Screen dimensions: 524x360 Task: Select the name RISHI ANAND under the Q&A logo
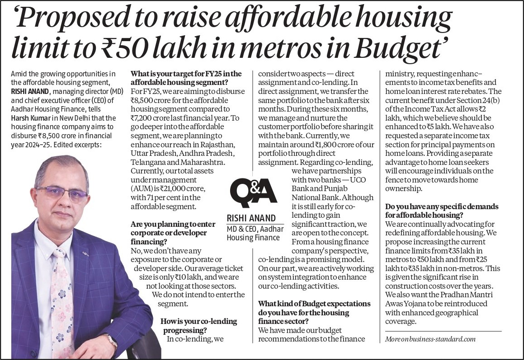tap(251, 218)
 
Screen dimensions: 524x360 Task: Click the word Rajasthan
tap(218, 145)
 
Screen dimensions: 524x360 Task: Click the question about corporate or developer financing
tap(173, 233)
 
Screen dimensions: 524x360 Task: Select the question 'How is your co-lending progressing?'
tap(199, 326)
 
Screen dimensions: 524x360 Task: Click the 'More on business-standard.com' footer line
tap(430, 339)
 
